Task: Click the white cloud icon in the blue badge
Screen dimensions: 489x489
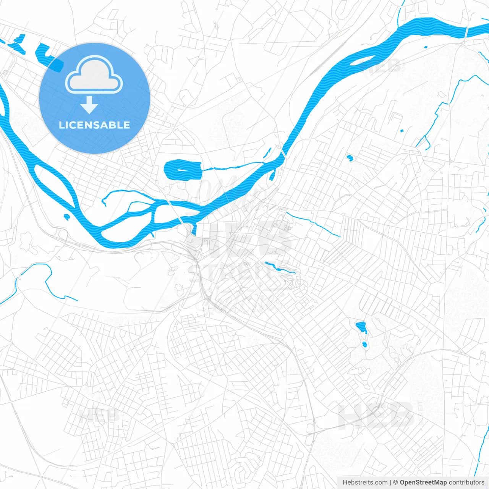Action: click(94, 75)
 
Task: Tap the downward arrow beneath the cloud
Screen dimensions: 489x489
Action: click(89, 105)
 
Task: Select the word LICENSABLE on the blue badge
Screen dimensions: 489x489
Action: click(94, 125)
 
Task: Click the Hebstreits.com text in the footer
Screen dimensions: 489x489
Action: click(365, 483)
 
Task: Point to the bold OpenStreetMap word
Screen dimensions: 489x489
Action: click(423, 483)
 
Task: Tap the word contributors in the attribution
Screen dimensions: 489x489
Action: click(466, 483)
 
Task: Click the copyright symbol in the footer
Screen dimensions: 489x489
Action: click(396, 483)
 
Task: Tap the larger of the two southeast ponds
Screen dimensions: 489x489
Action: click(361, 327)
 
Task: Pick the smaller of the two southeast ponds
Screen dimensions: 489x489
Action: click(364, 345)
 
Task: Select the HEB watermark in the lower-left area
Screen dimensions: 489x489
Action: click(99, 416)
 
